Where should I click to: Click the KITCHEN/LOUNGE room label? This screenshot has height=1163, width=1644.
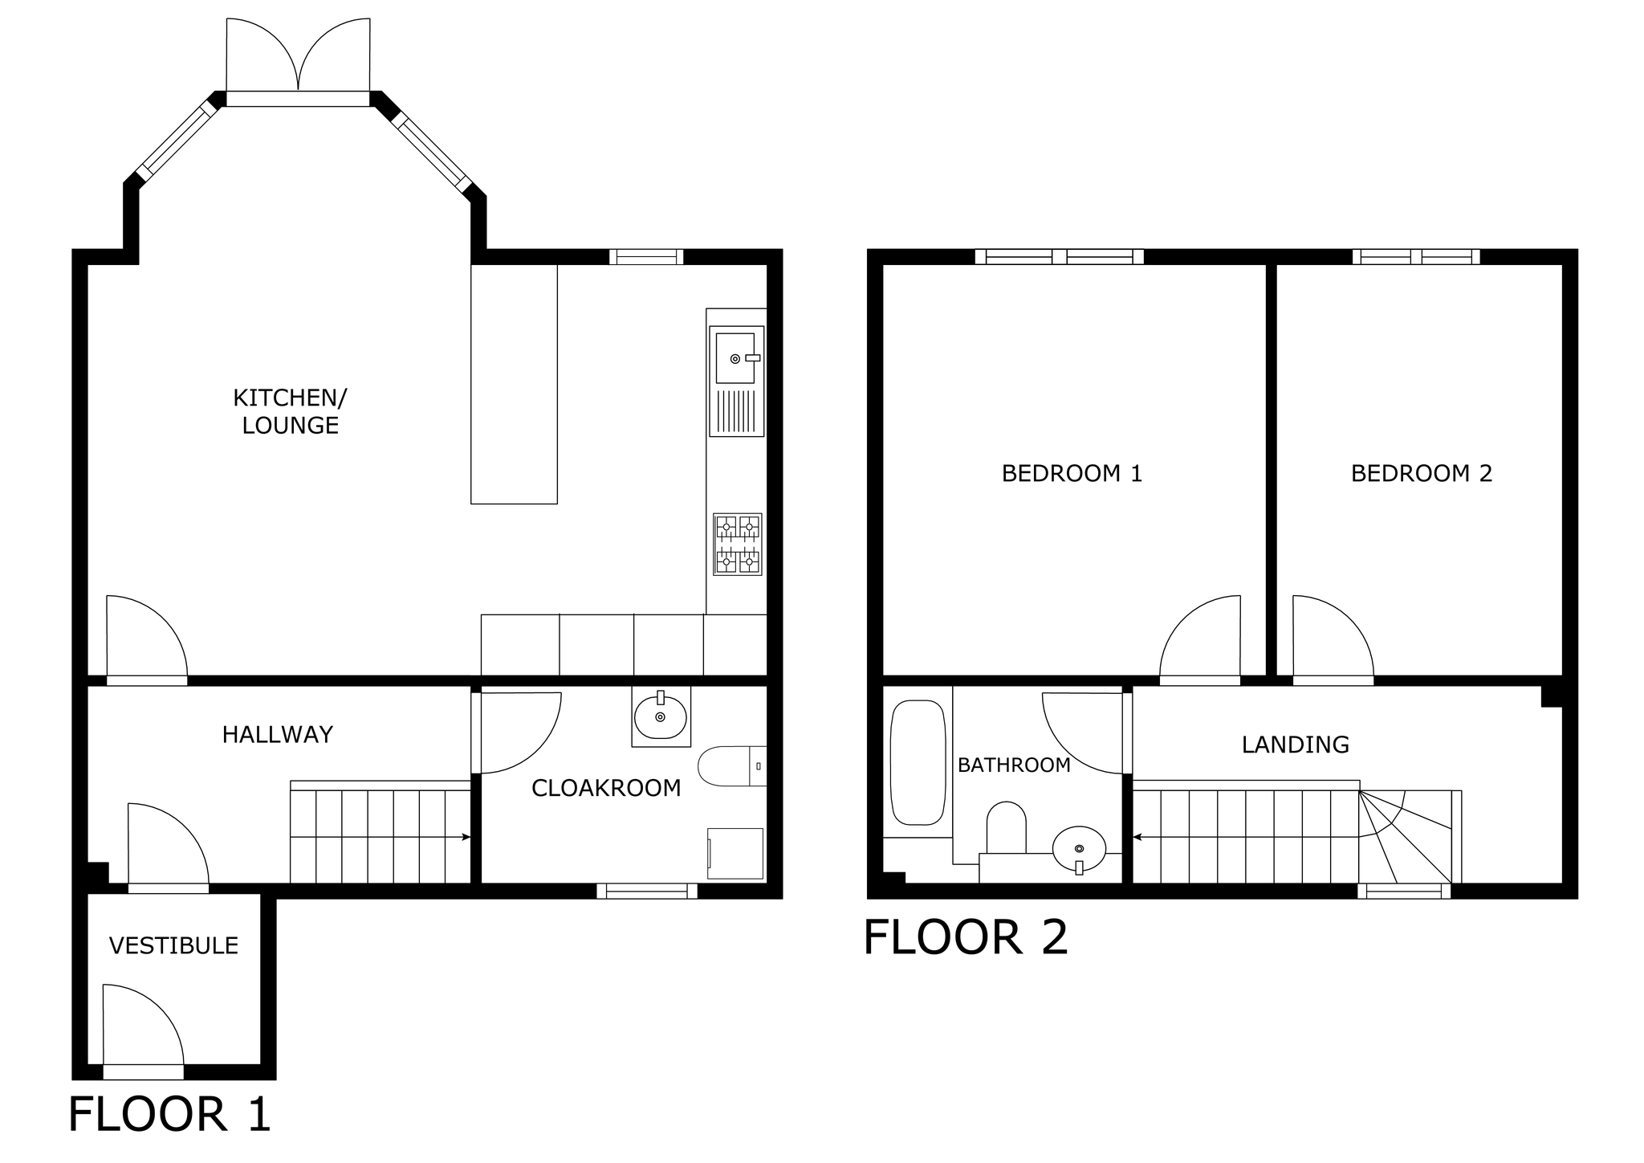[290, 411]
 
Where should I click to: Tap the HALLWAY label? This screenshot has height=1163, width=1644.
[277, 735]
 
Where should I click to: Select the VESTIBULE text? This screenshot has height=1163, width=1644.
[173, 946]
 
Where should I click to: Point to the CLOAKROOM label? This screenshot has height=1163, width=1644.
[606, 788]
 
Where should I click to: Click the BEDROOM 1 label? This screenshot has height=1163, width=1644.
[1072, 474]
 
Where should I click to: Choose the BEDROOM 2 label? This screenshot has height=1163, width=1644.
[1422, 474]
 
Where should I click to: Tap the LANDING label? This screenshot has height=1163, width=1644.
[1296, 745]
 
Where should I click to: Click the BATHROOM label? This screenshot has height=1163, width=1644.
[1014, 765]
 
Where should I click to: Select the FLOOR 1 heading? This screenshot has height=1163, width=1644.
[169, 1115]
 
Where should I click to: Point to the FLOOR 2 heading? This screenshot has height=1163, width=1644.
[966, 937]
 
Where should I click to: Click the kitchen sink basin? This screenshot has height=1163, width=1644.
[735, 358]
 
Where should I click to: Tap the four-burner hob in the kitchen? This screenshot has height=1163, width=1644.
[738, 544]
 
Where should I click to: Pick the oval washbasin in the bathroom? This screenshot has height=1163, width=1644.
[1079, 848]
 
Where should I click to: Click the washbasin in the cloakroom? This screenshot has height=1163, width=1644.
[661, 716]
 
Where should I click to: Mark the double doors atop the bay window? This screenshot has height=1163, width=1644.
[299, 54]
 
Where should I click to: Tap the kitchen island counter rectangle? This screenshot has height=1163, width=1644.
[514, 385]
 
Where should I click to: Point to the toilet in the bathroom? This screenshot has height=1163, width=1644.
[1006, 827]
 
